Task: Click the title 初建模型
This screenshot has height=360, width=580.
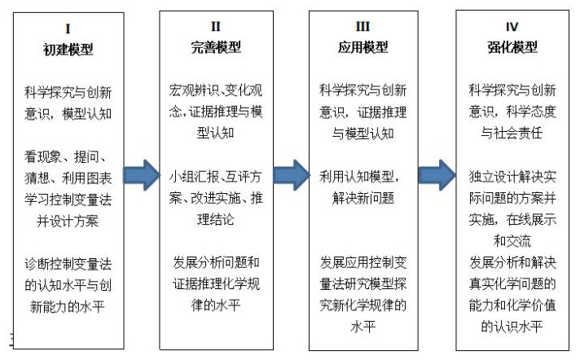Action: [68, 48]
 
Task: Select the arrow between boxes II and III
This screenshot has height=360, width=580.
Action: [291, 173]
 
